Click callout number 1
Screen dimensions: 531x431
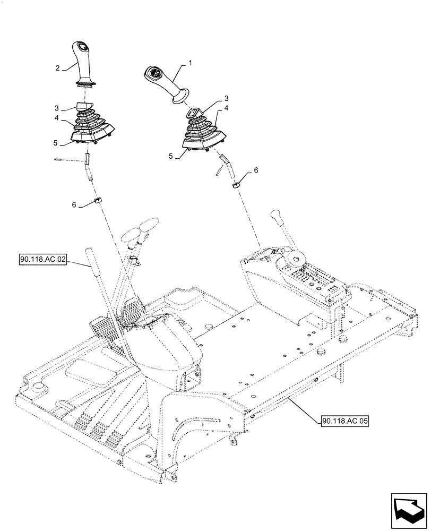(189, 62)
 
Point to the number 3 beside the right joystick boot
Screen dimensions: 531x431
(226, 99)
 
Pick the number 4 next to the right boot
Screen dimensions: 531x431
(226, 108)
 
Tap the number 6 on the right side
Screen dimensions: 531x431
(256, 171)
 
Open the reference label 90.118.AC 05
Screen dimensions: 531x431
(344, 421)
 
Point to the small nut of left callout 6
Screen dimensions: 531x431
(98, 201)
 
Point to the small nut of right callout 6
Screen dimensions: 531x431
(235, 185)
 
